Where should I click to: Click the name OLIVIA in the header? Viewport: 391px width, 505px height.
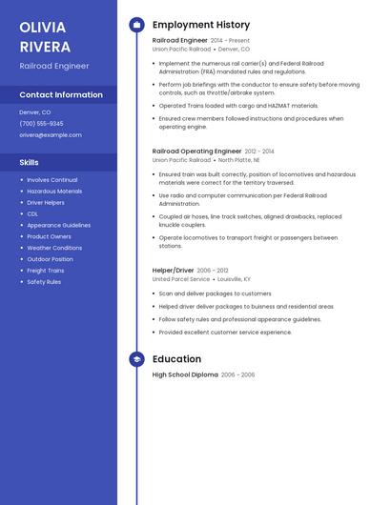[x=43, y=27]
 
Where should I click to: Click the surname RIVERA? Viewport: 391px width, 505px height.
[x=45, y=47]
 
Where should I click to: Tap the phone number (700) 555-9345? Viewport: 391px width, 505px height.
[x=41, y=123]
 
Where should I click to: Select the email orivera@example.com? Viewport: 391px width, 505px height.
[x=51, y=134]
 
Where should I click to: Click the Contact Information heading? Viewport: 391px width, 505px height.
[x=61, y=94]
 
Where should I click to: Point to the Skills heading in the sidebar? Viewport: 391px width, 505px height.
[x=30, y=162]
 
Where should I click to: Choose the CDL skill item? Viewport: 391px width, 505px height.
[x=32, y=213]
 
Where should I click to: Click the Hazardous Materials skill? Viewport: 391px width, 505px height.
[x=54, y=191]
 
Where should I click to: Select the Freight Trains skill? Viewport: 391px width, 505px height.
[x=46, y=271]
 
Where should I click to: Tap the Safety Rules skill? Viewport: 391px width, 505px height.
[x=44, y=282]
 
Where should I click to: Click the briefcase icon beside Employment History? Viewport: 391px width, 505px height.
[x=136, y=25]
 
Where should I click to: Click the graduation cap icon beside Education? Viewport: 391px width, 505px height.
[x=136, y=359]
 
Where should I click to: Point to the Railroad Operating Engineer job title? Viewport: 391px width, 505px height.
[x=196, y=151]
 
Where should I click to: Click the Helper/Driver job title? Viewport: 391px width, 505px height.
[x=173, y=270]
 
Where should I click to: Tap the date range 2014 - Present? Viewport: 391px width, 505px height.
[x=230, y=41]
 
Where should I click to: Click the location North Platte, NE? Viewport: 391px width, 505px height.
[x=238, y=160]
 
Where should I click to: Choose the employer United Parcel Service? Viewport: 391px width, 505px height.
[x=180, y=279]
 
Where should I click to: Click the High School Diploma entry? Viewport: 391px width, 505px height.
[x=185, y=374]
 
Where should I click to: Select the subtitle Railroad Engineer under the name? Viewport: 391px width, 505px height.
[x=54, y=66]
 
